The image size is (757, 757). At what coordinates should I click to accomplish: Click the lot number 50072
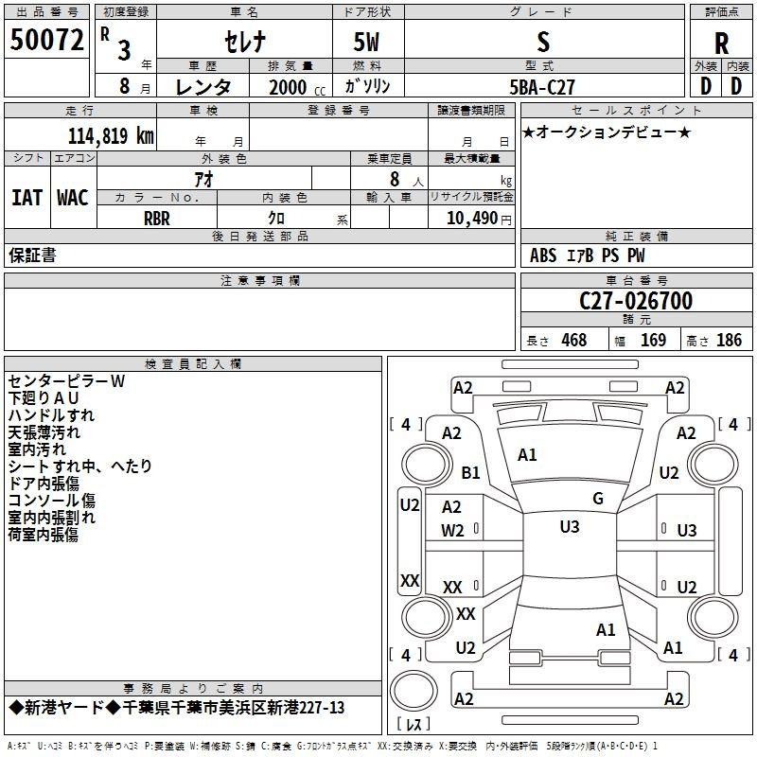[x=46, y=40]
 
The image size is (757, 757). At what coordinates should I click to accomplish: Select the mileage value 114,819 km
[x=111, y=135]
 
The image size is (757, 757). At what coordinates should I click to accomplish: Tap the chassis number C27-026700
[x=636, y=301]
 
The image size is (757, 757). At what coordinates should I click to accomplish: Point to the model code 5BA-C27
[x=542, y=87]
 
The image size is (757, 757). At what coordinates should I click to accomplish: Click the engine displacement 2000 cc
[x=297, y=87]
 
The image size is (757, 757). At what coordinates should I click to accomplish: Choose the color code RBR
[x=157, y=219]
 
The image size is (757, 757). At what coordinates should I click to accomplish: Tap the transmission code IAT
[x=27, y=198]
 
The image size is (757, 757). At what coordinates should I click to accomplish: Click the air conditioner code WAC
[x=73, y=198]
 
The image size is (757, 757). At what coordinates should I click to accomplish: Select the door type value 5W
[x=366, y=42]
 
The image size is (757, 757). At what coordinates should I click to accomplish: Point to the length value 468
[x=574, y=340]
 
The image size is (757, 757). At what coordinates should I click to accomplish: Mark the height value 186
[x=729, y=340]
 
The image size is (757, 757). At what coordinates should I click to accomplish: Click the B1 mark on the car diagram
[x=470, y=472]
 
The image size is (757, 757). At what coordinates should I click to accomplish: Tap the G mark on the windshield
[x=598, y=498]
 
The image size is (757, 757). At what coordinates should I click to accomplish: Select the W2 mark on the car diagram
[x=452, y=531]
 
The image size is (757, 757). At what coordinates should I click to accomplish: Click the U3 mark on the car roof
[x=570, y=526]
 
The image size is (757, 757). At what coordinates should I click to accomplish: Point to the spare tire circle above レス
[x=414, y=691]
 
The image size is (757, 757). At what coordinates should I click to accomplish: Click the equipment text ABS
[x=543, y=255]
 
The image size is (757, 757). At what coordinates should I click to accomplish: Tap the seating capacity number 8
[x=395, y=179]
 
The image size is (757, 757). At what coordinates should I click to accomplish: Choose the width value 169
[x=653, y=340]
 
